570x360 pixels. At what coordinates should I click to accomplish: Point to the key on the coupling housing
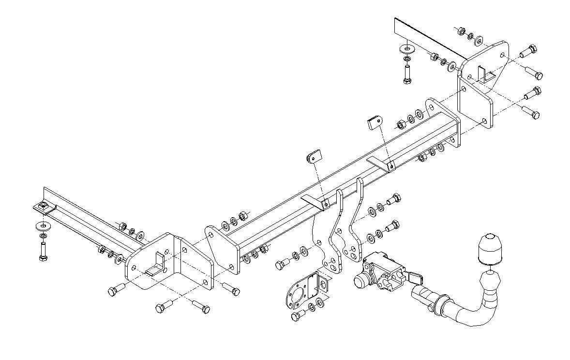[x=414, y=278]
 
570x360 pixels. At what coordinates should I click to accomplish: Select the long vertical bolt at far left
[x=43, y=251]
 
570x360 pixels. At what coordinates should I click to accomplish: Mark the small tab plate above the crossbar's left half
[x=314, y=156]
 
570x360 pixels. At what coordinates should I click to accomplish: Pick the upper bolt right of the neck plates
[x=393, y=198]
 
